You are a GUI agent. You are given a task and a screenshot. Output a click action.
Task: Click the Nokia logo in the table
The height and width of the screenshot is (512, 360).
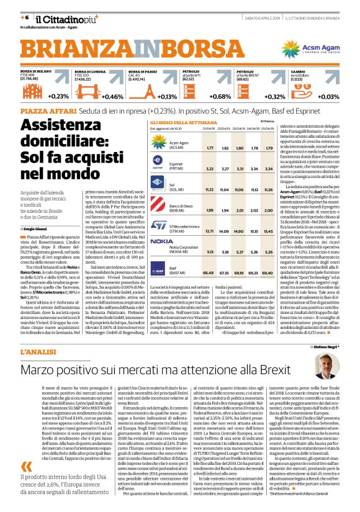tap(162, 241)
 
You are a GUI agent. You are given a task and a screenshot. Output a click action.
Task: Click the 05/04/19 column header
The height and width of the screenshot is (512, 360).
tap(268, 129)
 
